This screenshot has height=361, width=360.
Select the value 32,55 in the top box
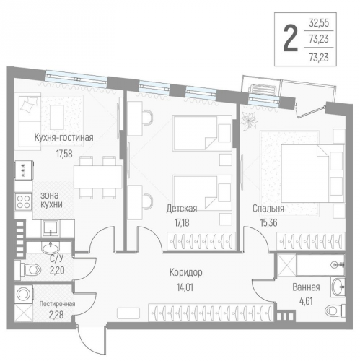(324, 22)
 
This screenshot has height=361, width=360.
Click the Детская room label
(181, 208)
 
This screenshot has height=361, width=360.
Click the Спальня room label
(267, 208)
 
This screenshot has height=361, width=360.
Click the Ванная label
(306, 287)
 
